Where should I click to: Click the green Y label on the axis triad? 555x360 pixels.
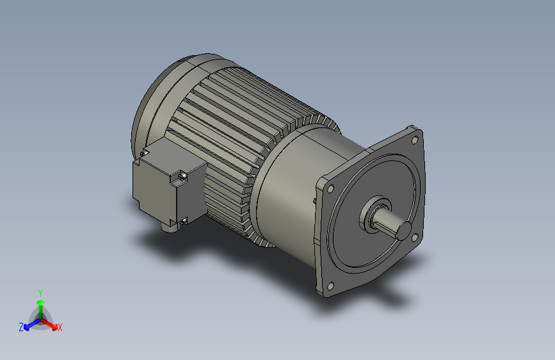pos(40,292)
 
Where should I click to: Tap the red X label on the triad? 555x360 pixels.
pos(60,327)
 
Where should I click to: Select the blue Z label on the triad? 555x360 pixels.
pos(20,327)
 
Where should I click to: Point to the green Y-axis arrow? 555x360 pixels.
pos(40,304)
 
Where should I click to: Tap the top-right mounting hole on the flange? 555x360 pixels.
pos(415,139)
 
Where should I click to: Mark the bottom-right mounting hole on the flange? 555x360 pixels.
pos(416,238)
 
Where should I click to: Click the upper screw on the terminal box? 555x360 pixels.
pos(181,174)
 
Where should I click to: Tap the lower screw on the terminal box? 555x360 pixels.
pos(184,220)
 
